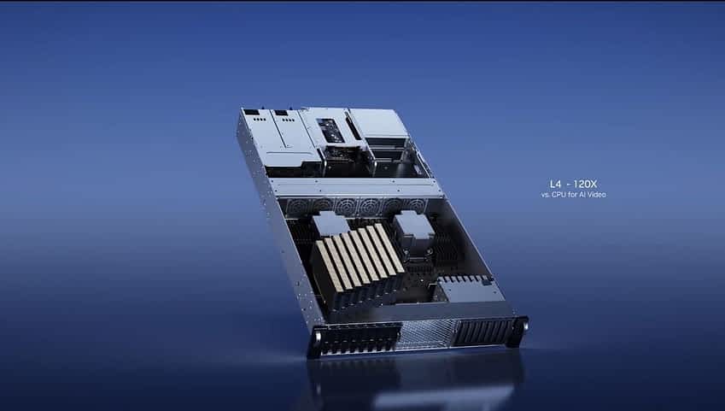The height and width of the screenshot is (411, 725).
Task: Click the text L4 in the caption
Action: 555,184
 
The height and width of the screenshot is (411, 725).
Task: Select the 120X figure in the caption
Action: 585,184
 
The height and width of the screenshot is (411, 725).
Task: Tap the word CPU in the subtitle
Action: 558,195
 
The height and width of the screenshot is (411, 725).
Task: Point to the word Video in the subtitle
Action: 597,195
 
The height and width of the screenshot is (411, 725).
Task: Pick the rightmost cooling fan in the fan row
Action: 416,204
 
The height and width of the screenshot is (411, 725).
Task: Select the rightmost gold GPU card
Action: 389,249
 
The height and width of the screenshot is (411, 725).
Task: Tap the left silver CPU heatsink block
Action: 330,224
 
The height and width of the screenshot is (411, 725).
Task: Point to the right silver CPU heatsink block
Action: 413,226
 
